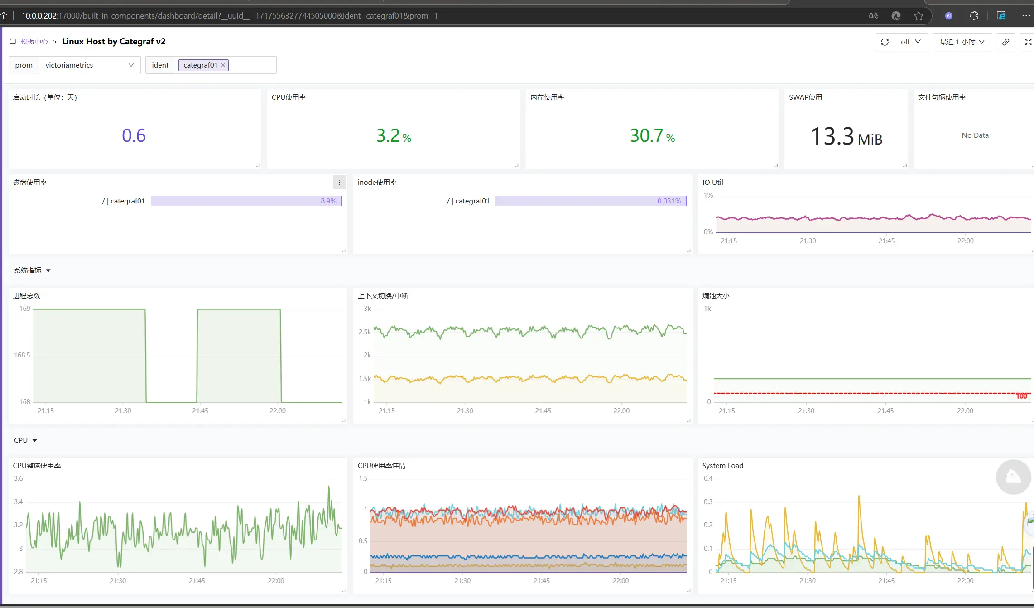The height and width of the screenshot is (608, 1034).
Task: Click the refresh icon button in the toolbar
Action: pos(885,42)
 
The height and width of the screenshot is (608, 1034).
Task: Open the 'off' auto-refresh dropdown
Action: pos(910,42)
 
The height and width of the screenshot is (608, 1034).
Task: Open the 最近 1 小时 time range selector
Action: pos(962,42)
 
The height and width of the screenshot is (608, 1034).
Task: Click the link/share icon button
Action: pos(1005,42)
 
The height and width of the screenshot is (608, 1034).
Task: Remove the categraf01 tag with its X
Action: pos(223,65)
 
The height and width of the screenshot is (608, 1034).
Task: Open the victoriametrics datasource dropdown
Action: pos(90,65)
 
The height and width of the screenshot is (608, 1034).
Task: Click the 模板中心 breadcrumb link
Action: pos(34,42)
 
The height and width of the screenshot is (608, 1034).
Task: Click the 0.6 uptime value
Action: pos(134,135)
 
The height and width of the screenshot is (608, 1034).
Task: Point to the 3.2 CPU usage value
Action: pos(389,135)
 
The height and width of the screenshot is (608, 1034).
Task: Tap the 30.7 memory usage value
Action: pos(647,135)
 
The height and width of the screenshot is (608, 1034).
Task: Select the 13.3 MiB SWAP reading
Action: pos(846,136)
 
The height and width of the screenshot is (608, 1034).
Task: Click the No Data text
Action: pos(975,135)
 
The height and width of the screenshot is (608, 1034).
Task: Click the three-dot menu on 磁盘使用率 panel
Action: pos(339,182)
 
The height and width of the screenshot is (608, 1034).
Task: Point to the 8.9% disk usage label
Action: pos(328,201)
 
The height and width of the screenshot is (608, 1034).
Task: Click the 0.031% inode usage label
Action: pos(669,201)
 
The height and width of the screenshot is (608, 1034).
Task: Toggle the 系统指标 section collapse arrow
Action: pos(48,270)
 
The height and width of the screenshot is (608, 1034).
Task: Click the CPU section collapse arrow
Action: pos(35,440)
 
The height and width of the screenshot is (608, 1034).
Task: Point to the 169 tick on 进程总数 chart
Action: pos(24,309)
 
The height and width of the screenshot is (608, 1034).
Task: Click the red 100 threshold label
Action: pos(1021,396)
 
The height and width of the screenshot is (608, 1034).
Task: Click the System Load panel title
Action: pos(722,466)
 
